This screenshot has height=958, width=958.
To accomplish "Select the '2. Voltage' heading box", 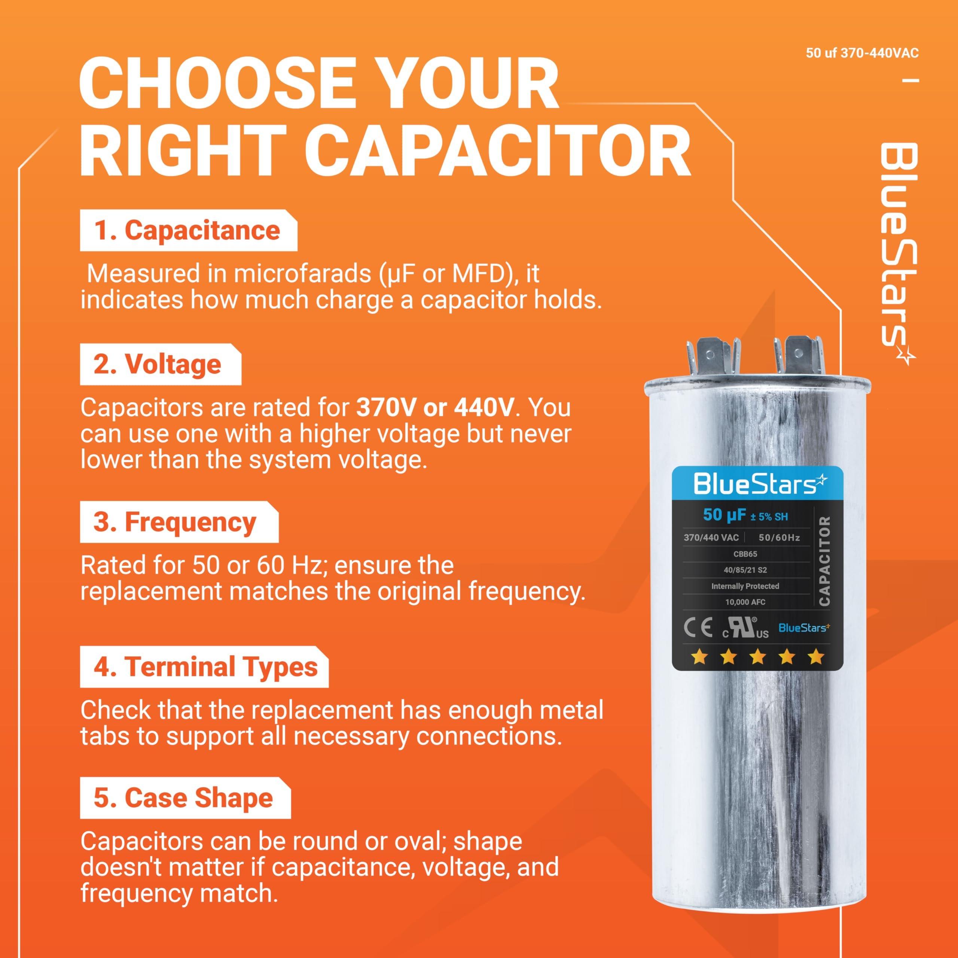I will [x=160, y=365].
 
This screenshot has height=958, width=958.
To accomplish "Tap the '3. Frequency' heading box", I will [x=179, y=522].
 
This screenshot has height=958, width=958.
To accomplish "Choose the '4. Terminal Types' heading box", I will [x=204, y=667].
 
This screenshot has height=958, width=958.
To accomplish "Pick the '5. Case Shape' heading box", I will [x=184, y=798].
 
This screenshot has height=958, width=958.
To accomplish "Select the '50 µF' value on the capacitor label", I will [x=724, y=515].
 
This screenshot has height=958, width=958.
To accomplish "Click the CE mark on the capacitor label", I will [x=698, y=628].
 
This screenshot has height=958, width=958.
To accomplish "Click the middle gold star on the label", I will [x=757, y=658].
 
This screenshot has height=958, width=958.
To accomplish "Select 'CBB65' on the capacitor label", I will [x=745, y=554].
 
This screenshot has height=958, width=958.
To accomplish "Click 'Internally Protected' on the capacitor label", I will [x=745, y=586].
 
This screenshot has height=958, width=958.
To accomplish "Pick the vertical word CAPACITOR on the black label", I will [x=824, y=560].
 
